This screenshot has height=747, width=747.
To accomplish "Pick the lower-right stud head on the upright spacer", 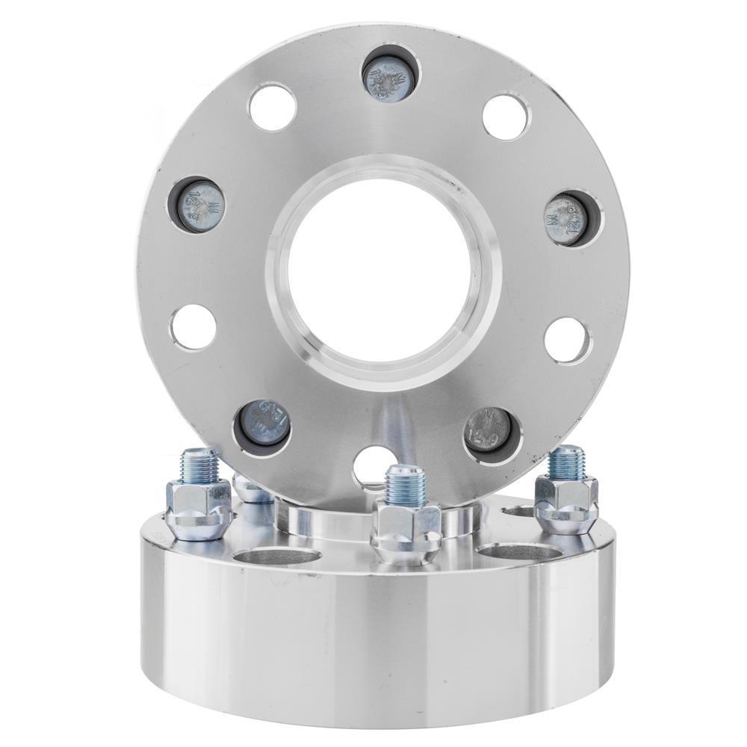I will (x=489, y=433).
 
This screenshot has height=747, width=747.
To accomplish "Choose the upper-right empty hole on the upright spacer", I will (x=506, y=117).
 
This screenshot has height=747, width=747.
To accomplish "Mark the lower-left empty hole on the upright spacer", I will (x=193, y=326).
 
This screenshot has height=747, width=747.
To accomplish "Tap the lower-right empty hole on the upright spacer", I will (x=567, y=340).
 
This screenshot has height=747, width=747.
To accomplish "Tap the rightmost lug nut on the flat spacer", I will (x=565, y=501).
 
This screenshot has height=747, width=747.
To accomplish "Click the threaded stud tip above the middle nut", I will (x=403, y=482).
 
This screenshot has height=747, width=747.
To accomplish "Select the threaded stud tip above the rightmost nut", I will (x=565, y=459).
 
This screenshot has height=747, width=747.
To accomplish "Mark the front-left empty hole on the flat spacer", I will (x=276, y=557).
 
